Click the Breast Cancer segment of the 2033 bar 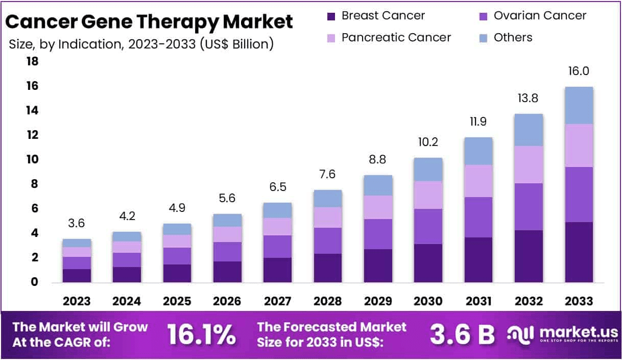pyautogui.click(x=579, y=252)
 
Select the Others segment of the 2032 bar pyautogui.click(x=529, y=130)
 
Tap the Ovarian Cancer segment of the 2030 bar pyautogui.click(x=428, y=226)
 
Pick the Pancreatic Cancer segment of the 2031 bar pyautogui.click(x=479, y=181)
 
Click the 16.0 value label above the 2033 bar pyautogui.click(x=579, y=71)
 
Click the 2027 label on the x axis pyautogui.click(x=277, y=301)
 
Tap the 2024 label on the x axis pyautogui.click(x=127, y=301)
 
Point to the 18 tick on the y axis pyautogui.click(x=32, y=62)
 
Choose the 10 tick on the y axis pyautogui.click(x=32, y=160)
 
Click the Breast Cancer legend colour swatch pyautogui.click(x=331, y=16)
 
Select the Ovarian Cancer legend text pyautogui.click(x=540, y=16)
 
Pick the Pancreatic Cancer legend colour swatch pyautogui.click(x=331, y=38)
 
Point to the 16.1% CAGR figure pyautogui.click(x=202, y=334)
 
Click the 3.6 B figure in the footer pyautogui.click(x=462, y=334)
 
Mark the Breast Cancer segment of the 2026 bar pyautogui.click(x=227, y=272)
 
